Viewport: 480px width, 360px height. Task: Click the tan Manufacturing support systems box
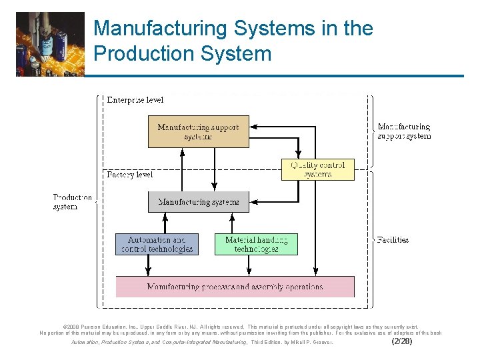coord(198,131)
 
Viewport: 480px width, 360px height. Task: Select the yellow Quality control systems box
coord(317,169)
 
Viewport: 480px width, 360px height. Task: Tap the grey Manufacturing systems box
coord(198,201)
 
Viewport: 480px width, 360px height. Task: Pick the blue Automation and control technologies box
coord(157,244)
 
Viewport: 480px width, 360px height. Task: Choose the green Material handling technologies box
coord(256,244)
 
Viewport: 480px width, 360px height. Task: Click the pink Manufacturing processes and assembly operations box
coord(235,287)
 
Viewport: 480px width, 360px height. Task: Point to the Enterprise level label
coord(135,100)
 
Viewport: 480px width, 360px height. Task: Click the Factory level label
coord(130,175)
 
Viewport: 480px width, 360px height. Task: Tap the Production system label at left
coord(73,202)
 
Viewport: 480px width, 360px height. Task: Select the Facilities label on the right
coord(393,239)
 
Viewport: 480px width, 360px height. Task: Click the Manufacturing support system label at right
coord(404,131)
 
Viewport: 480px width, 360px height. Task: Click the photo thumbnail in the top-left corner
coord(51,43)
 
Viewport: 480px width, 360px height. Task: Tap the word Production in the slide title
coord(137,53)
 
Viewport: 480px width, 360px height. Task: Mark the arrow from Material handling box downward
coord(249,265)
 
